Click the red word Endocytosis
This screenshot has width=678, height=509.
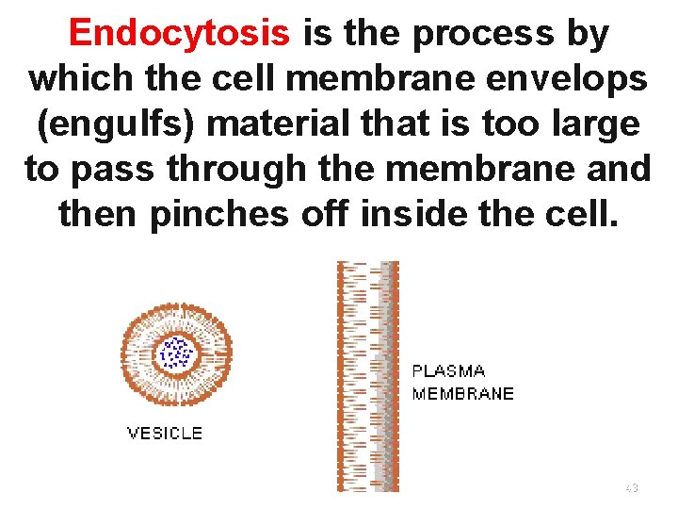[x=179, y=34]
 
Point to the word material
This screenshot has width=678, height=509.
[x=286, y=124]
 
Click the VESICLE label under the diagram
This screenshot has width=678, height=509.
[x=165, y=434]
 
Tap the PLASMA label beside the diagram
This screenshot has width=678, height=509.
[x=449, y=371]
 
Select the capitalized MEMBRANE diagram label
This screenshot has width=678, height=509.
[x=463, y=393]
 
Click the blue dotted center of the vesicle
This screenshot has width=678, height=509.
[x=175, y=354]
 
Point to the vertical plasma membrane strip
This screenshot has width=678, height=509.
[x=368, y=377]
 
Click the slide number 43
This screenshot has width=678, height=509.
[x=632, y=487]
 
